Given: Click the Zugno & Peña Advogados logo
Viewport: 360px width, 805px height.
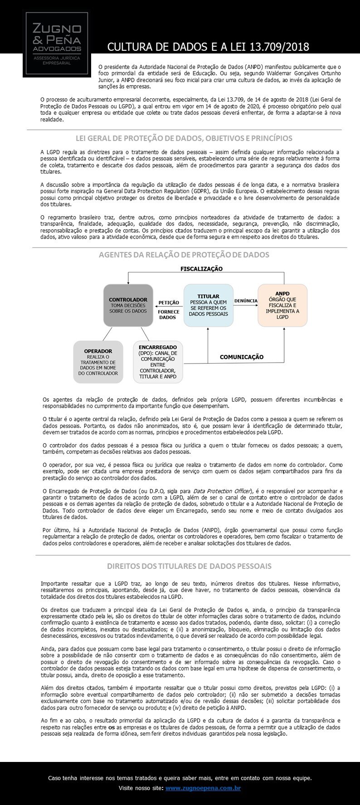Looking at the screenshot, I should pos(54,43).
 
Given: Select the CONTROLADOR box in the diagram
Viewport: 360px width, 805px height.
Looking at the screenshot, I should pos(128,305).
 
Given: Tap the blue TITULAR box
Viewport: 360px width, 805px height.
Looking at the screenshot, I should pos(208,305).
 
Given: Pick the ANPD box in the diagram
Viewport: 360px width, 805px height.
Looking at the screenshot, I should pos(282,305).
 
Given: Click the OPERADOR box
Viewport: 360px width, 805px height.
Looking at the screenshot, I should pos(98,362).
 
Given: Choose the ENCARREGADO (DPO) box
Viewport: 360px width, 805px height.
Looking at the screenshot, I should pos(158,361).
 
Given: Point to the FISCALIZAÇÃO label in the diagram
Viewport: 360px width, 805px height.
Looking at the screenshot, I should pos(201,269).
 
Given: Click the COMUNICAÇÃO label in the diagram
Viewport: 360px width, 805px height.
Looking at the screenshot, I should pos(241,357).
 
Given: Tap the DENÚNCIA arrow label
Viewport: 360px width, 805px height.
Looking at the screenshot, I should pos(246,301).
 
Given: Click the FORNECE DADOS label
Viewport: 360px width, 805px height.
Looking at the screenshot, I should pos(169,315).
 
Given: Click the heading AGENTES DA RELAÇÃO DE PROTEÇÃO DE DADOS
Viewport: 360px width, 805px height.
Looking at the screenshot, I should pos(184,255).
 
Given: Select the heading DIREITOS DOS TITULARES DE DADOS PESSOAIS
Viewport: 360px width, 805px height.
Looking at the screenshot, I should pos(189,566).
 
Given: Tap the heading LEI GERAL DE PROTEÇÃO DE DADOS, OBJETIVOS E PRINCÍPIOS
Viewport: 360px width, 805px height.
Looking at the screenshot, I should pos(184,138).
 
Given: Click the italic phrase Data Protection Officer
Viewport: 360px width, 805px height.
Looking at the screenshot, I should pos(223,491).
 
